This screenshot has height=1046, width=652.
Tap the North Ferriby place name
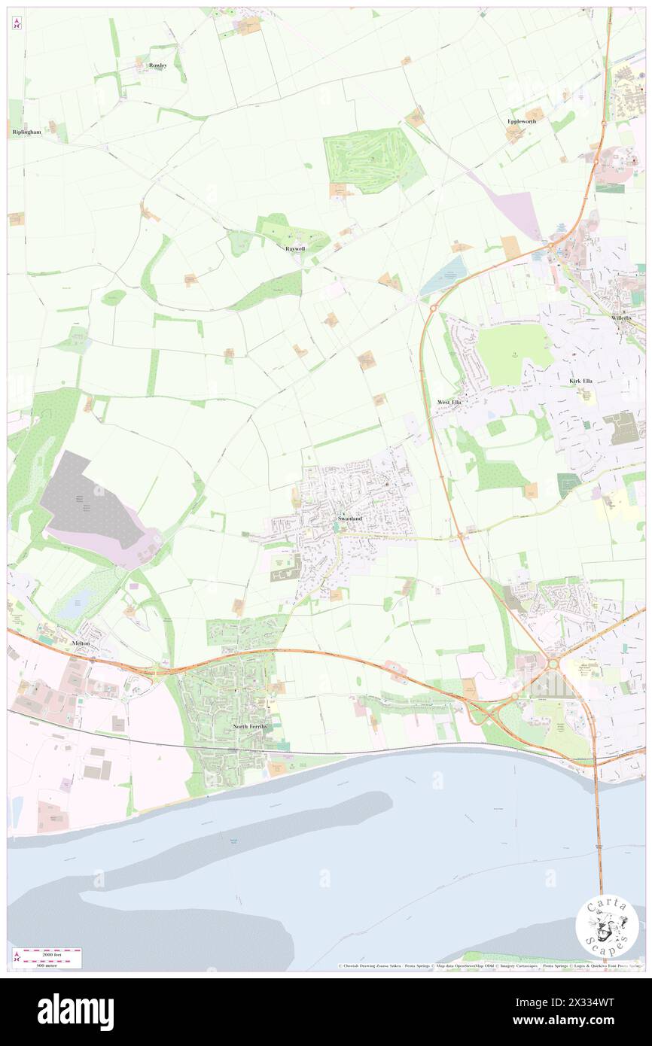coord(250,726)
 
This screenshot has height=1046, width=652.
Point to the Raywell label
coord(295,248)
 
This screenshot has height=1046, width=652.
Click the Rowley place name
coord(157,65)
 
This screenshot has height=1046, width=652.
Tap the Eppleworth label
coord(522,120)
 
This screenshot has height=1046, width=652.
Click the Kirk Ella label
coord(580,382)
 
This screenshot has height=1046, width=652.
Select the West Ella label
coord(449,403)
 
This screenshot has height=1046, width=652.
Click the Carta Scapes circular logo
coord(607,926)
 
